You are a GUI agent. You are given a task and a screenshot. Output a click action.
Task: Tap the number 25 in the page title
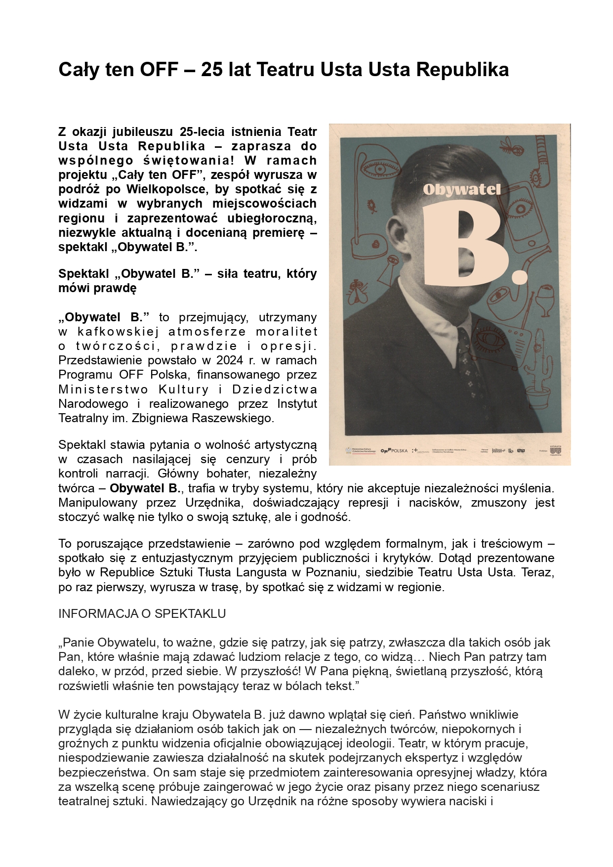[x=211, y=70]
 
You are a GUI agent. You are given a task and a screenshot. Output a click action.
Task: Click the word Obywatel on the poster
[x=461, y=190]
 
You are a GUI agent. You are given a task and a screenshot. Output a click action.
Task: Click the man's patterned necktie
[x=468, y=366]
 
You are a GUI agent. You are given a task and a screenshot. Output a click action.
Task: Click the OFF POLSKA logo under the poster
[x=394, y=451]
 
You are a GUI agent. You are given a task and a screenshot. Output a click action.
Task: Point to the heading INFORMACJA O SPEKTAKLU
[x=142, y=613]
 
